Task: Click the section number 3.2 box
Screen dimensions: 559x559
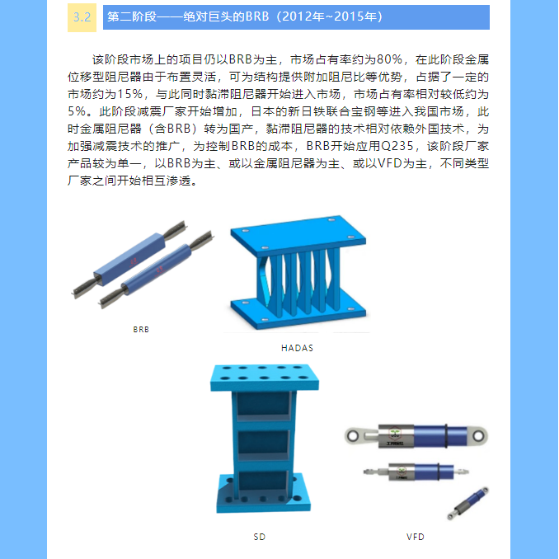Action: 82,17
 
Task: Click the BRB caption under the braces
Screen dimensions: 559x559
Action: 141,330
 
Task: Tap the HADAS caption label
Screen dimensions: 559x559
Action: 297,348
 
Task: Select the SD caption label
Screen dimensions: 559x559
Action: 259,537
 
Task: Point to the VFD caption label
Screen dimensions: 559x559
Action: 416,537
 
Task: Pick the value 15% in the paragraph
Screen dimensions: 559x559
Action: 130,94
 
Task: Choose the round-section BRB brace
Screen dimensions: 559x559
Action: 156,270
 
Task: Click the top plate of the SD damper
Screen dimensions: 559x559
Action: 264,377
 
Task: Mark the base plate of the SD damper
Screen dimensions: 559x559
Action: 263,495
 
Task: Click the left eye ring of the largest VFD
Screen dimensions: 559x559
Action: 353,435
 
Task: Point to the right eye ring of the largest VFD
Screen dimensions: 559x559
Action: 479,435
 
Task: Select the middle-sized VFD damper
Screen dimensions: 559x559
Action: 416,472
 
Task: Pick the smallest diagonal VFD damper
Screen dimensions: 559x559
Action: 468,503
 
